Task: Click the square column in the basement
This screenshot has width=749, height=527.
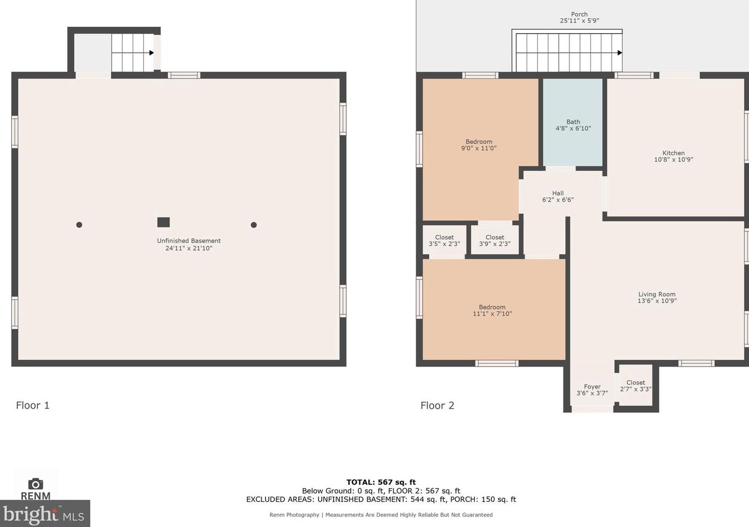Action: (x=164, y=222)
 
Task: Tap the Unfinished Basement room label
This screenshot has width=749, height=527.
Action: (x=189, y=241)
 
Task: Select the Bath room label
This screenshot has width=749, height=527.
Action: (x=573, y=122)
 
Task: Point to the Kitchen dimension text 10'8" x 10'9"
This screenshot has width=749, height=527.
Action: (x=674, y=159)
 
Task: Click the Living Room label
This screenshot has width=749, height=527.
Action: (x=657, y=294)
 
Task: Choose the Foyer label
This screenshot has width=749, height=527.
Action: (x=592, y=386)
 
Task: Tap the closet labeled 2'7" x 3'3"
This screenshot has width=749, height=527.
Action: (x=636, y=385)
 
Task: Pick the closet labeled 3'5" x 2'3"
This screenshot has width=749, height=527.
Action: (x=444, y=241)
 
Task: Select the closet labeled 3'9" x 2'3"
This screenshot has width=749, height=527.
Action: (x=495, y=241)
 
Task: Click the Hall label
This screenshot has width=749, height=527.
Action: (x=558, y=193)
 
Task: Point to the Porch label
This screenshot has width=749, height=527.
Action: (x=580, y=14)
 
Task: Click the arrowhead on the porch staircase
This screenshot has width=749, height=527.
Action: (x=620, y=53)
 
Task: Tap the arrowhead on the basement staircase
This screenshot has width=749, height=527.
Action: (x=151, y=53)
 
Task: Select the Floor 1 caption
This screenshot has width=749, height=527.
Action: (x=33, y=406)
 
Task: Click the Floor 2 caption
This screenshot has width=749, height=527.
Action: (x=437, y=406)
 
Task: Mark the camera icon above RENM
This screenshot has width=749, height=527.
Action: (x=35, y=484)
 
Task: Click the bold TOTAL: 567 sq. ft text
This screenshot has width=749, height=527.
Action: (x=381, y=482)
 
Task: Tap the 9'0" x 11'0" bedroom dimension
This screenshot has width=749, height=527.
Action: (x=479, y=148)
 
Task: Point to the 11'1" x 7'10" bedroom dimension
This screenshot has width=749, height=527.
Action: (x=492, y=314)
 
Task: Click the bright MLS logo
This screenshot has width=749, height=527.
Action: (x=45, y=514)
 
